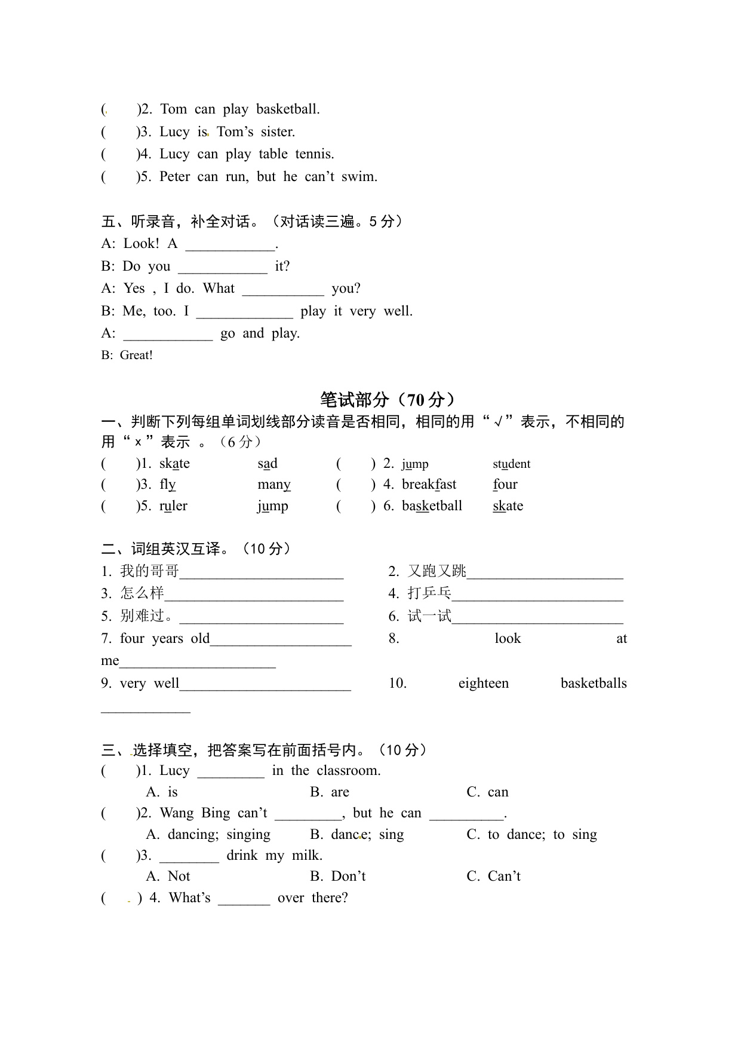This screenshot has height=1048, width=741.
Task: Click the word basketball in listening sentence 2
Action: pyautogui.click(x=288, y=109)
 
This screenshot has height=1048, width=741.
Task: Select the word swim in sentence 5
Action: pyautogui.click(x=359, y=177)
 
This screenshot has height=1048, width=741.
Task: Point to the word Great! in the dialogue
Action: pyautogui.click(x=136, y=356)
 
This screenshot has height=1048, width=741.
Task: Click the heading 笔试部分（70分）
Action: pyautogui.click(x=388, y=399)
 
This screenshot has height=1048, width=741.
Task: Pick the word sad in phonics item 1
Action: pyautogui.click(x=268, y=464)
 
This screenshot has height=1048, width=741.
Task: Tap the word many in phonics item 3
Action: pyautogui.click(x=274, y=485)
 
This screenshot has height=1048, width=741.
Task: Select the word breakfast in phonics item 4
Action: pyautogui.click(x=429, y=485)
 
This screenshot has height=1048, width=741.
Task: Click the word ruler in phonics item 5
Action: pyautogui.click(x=173, y=506)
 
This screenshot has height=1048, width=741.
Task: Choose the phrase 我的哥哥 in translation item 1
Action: pyautogui.click(x=149, y=571)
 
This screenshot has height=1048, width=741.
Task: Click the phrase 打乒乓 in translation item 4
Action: pyautogui.click(x=429, y=593)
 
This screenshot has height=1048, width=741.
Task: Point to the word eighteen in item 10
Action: pyautogui.click(x=484, y=684)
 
